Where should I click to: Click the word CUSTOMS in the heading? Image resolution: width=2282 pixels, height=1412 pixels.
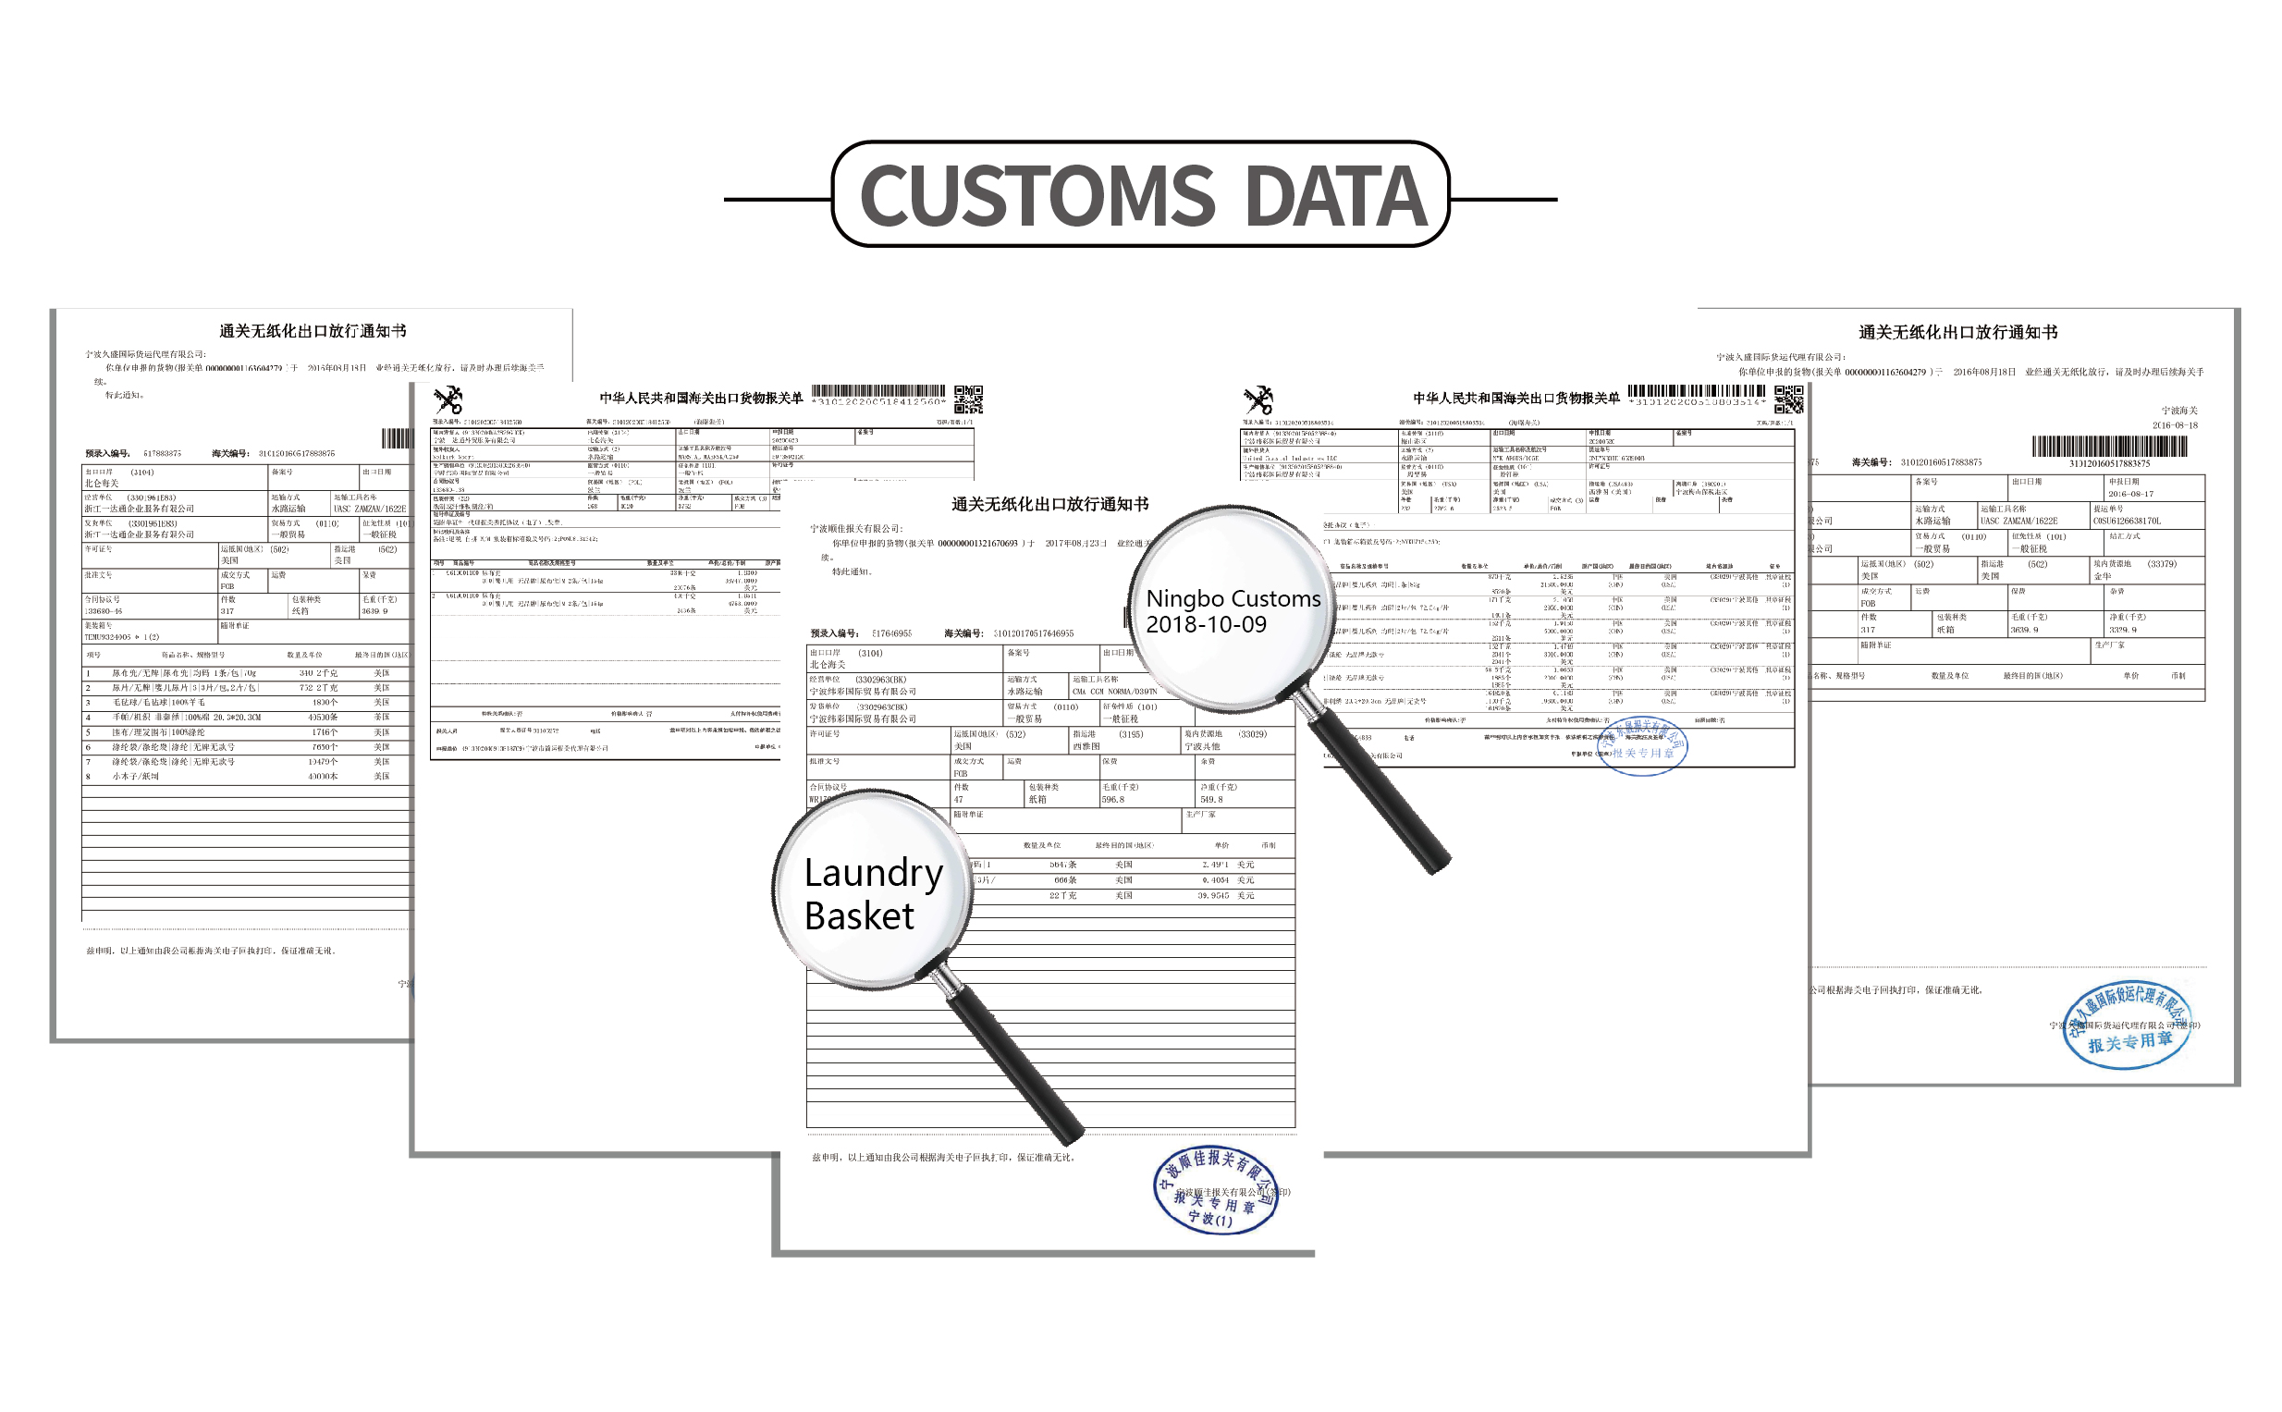(1037, 196)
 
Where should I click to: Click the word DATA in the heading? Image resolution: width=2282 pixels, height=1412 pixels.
(1335, 196)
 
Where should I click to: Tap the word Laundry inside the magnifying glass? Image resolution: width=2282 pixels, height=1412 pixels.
(873, 873)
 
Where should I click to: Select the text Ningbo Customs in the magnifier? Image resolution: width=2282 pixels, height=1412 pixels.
(1233, 598)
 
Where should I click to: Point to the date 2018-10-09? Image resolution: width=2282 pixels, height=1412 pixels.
(1206, 625)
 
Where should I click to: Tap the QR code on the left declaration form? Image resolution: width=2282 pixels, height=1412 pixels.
(967, 399)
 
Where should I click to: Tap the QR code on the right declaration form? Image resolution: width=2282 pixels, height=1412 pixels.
(1788, 399)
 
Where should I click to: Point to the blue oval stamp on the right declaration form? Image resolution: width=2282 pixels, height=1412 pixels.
(1643, 745)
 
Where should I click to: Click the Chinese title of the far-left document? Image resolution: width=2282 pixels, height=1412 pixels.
(313, 331)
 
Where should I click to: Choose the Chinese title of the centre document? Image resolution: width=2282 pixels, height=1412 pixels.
(1049, 504)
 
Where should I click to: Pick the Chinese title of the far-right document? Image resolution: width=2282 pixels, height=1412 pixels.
(1957, 332)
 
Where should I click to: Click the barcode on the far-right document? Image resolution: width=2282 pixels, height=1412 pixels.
(2108, 447)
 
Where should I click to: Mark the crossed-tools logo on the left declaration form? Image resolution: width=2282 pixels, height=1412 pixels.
(448, 399)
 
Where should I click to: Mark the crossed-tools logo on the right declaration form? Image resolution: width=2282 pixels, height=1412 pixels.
(1258, 399)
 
